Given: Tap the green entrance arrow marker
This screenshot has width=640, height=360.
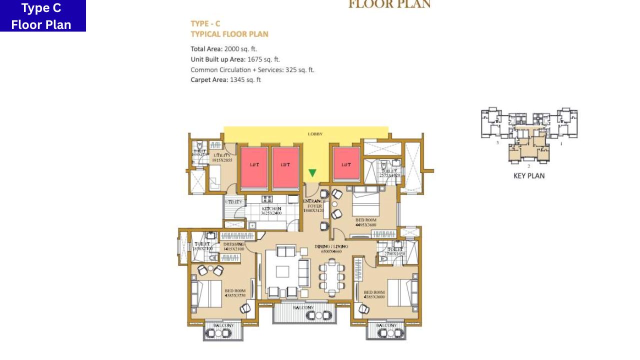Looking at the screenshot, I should pos(312,173).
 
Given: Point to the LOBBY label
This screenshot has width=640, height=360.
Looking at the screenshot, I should pos(315,134).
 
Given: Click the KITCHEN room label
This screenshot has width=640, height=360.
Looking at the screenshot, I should pos(271,209).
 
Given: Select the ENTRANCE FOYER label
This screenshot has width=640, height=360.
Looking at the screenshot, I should pos(313,204).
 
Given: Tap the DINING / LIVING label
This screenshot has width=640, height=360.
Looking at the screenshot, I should pos(331,246).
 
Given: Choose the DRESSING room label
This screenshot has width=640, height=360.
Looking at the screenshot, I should pos(233,244).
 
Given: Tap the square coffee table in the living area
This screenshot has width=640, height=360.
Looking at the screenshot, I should pos(282,271).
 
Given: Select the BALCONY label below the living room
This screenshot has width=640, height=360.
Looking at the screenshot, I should pos(303,307).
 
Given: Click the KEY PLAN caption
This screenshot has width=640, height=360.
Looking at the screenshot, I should pos(529,176).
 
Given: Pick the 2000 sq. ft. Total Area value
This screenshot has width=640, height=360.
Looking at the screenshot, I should pos(240,49).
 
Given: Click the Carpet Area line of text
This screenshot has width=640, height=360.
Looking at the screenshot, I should pos(225,80).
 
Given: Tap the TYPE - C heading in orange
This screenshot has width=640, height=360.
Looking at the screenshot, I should pos(205,23).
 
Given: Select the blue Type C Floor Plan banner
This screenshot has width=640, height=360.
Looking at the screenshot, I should pos(42,16).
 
